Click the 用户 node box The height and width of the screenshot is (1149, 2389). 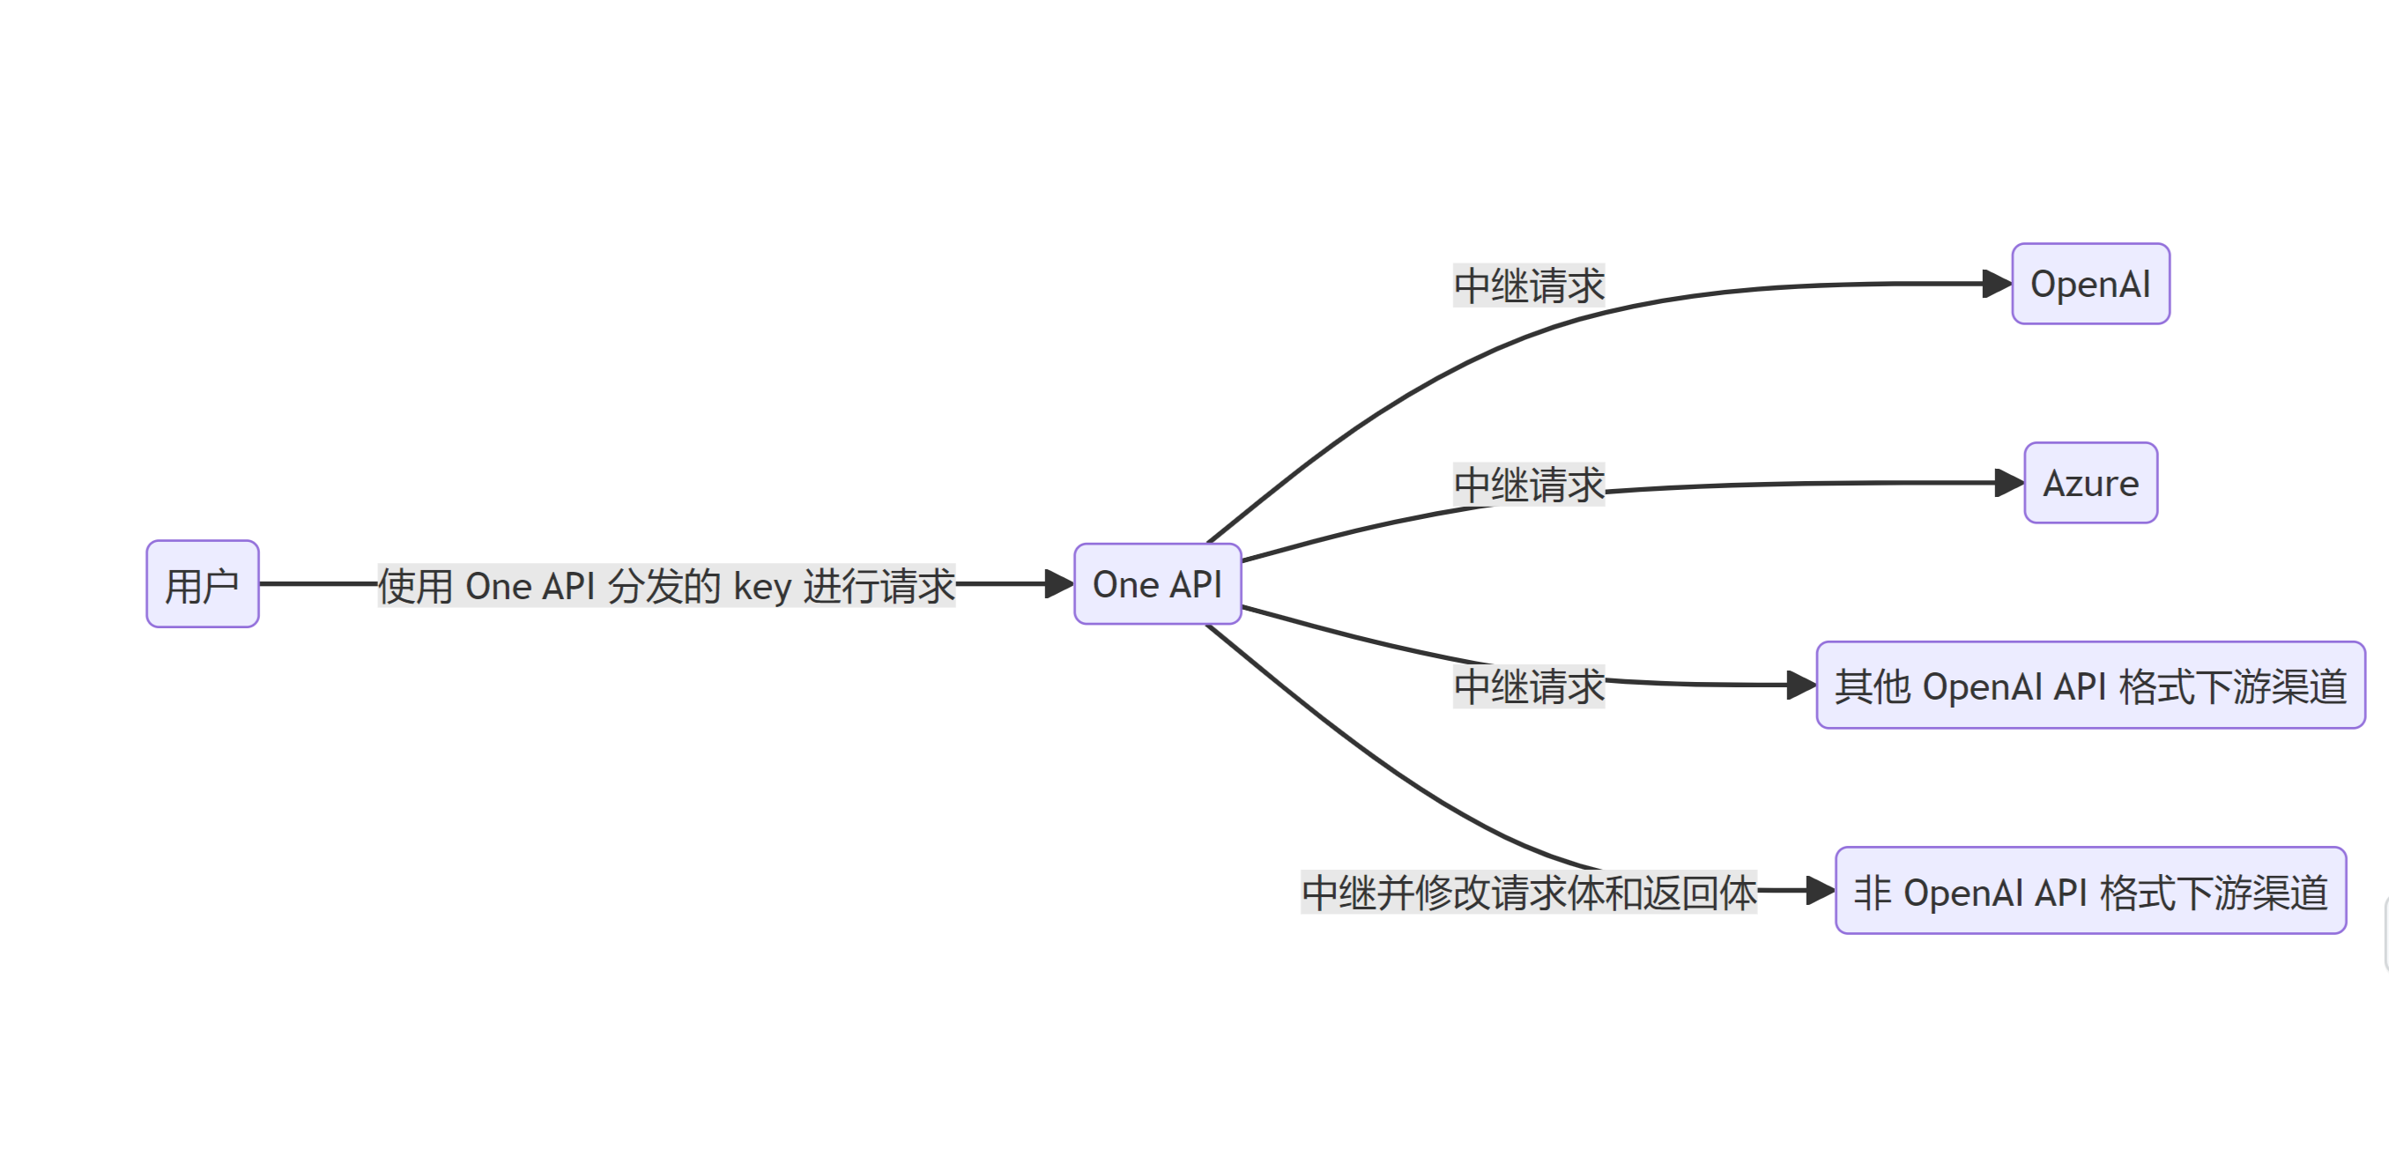pyautogui.click(x=202, y=584)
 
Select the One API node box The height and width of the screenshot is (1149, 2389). pyautogui.click(x=1157, y=584)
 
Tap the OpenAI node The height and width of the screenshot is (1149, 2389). pyautogui.click(x=2090, y=284)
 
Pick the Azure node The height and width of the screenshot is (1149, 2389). pyautogui.click(x=2090, y=483)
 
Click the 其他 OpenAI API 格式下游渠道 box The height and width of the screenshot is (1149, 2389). pyautogui.click(x=2090, y=686)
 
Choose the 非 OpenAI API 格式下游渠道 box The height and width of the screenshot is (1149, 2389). pyautogui.click(x=2090, y=891)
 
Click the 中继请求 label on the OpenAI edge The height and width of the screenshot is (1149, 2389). pyautogui.click(x=1528, y=285)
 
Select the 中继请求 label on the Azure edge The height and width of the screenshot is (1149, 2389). pyautogui.click(x=1528, y=485)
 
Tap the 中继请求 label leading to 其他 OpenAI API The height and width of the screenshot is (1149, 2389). pyautogui.click(x=1528, y=686)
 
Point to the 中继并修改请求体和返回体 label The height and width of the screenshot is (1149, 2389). pyautogui.click(x=1528, y=892)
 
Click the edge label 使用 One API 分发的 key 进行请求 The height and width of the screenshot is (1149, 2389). pyautogui.click(x=666, y=586)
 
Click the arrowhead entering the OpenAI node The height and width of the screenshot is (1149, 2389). pyautogui.click(x=1996, y=284)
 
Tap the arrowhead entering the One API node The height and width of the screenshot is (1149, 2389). pyautogui.click(x=1058, y=584)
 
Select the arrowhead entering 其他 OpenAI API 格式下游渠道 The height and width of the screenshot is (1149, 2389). pyautogui.click(x=1800, y=686)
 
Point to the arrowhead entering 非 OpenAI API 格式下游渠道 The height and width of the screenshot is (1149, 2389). pyautogui.click(x=1820, y=891)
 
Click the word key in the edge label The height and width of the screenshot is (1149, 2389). pyautogui.click(x=762, y=587)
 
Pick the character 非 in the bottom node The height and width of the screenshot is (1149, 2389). pyautogui.click(x=1873, y=892)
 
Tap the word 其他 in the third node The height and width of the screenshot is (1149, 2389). pyautogui.click(x=1873, y=686)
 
